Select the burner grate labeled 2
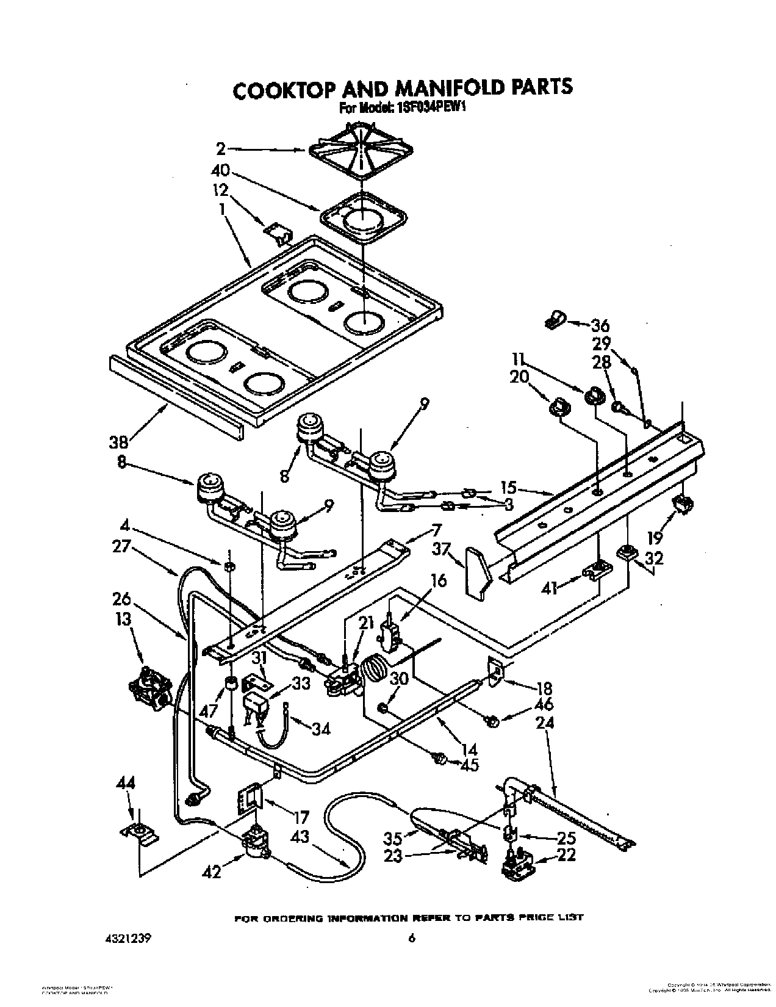tap(359, 150)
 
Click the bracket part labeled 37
tap(478, 570)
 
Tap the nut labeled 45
tap(437, 759)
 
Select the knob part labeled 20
tap(559, 407)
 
